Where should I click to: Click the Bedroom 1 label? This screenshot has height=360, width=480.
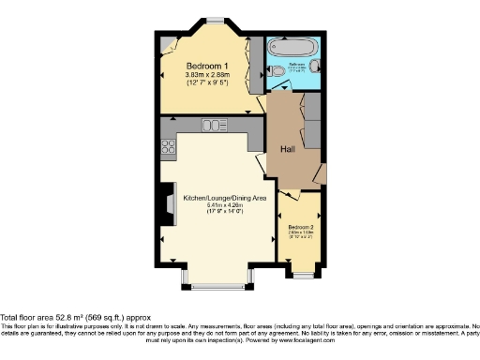click(x=204, y=66)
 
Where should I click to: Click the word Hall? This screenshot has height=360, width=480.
click(x=288, y=148)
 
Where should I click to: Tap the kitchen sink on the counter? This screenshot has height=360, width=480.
click(x=213, y=125)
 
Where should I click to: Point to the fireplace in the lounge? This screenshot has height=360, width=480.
click(x=168, y=203)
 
